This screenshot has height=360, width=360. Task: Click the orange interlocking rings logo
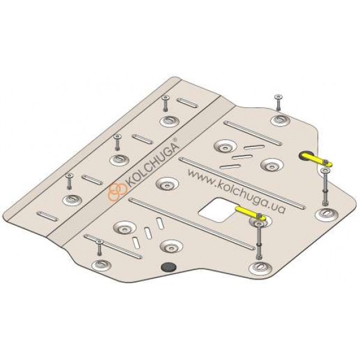click(118, 191)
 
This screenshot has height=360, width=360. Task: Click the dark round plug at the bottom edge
click(169, 267)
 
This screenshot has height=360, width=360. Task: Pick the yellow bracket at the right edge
click(315, 160)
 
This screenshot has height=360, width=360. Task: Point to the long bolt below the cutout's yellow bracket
click(259, 240)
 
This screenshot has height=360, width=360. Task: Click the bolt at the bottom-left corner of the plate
click(99, 247)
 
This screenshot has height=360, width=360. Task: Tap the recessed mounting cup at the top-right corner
click(281, 120)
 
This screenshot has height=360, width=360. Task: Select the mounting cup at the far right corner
click(327, 214)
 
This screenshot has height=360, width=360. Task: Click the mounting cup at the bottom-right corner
click(260, 268)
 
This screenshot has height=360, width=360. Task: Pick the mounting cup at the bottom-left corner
click(101, 265)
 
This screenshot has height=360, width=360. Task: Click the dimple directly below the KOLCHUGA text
click(167, 184)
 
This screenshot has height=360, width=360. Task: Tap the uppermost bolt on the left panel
click(166, 104)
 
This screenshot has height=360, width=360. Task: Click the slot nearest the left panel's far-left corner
click(48, 217)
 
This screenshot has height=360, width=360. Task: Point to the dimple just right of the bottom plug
click(172, 247)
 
